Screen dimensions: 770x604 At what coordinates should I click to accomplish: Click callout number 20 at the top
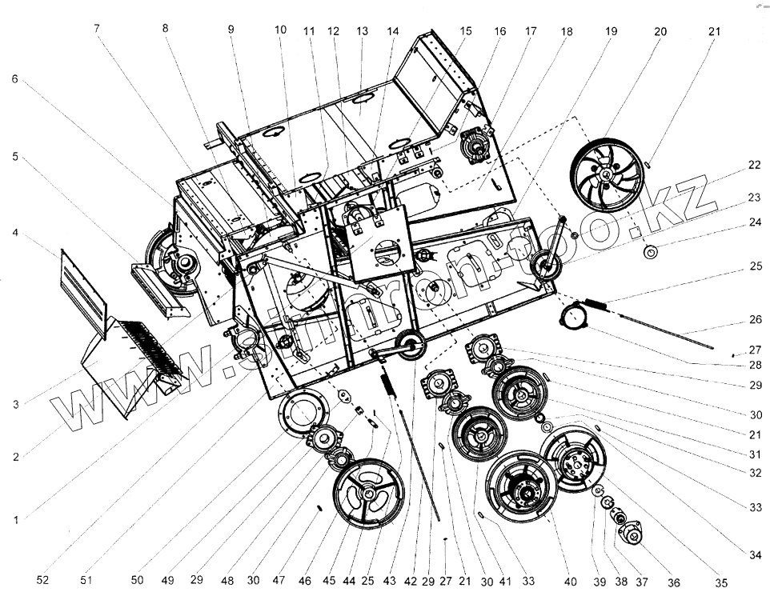pyautogui.click(x=660, y=32)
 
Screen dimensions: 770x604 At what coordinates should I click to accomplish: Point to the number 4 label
pyautogui.click(x=14, y=234)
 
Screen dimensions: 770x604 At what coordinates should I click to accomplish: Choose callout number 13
pyautogui.click(x=362, y=32)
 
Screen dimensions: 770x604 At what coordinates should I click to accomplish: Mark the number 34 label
pyautogui.click(x=754, y=554)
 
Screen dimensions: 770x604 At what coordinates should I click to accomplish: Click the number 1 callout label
pyautogui.click(x=14, y=519)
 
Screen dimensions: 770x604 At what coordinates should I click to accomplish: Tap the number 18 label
pyautogui.click(x=567, y=32)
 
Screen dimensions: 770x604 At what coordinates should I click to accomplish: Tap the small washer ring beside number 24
pyautogui.click(x=651, y=253)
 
